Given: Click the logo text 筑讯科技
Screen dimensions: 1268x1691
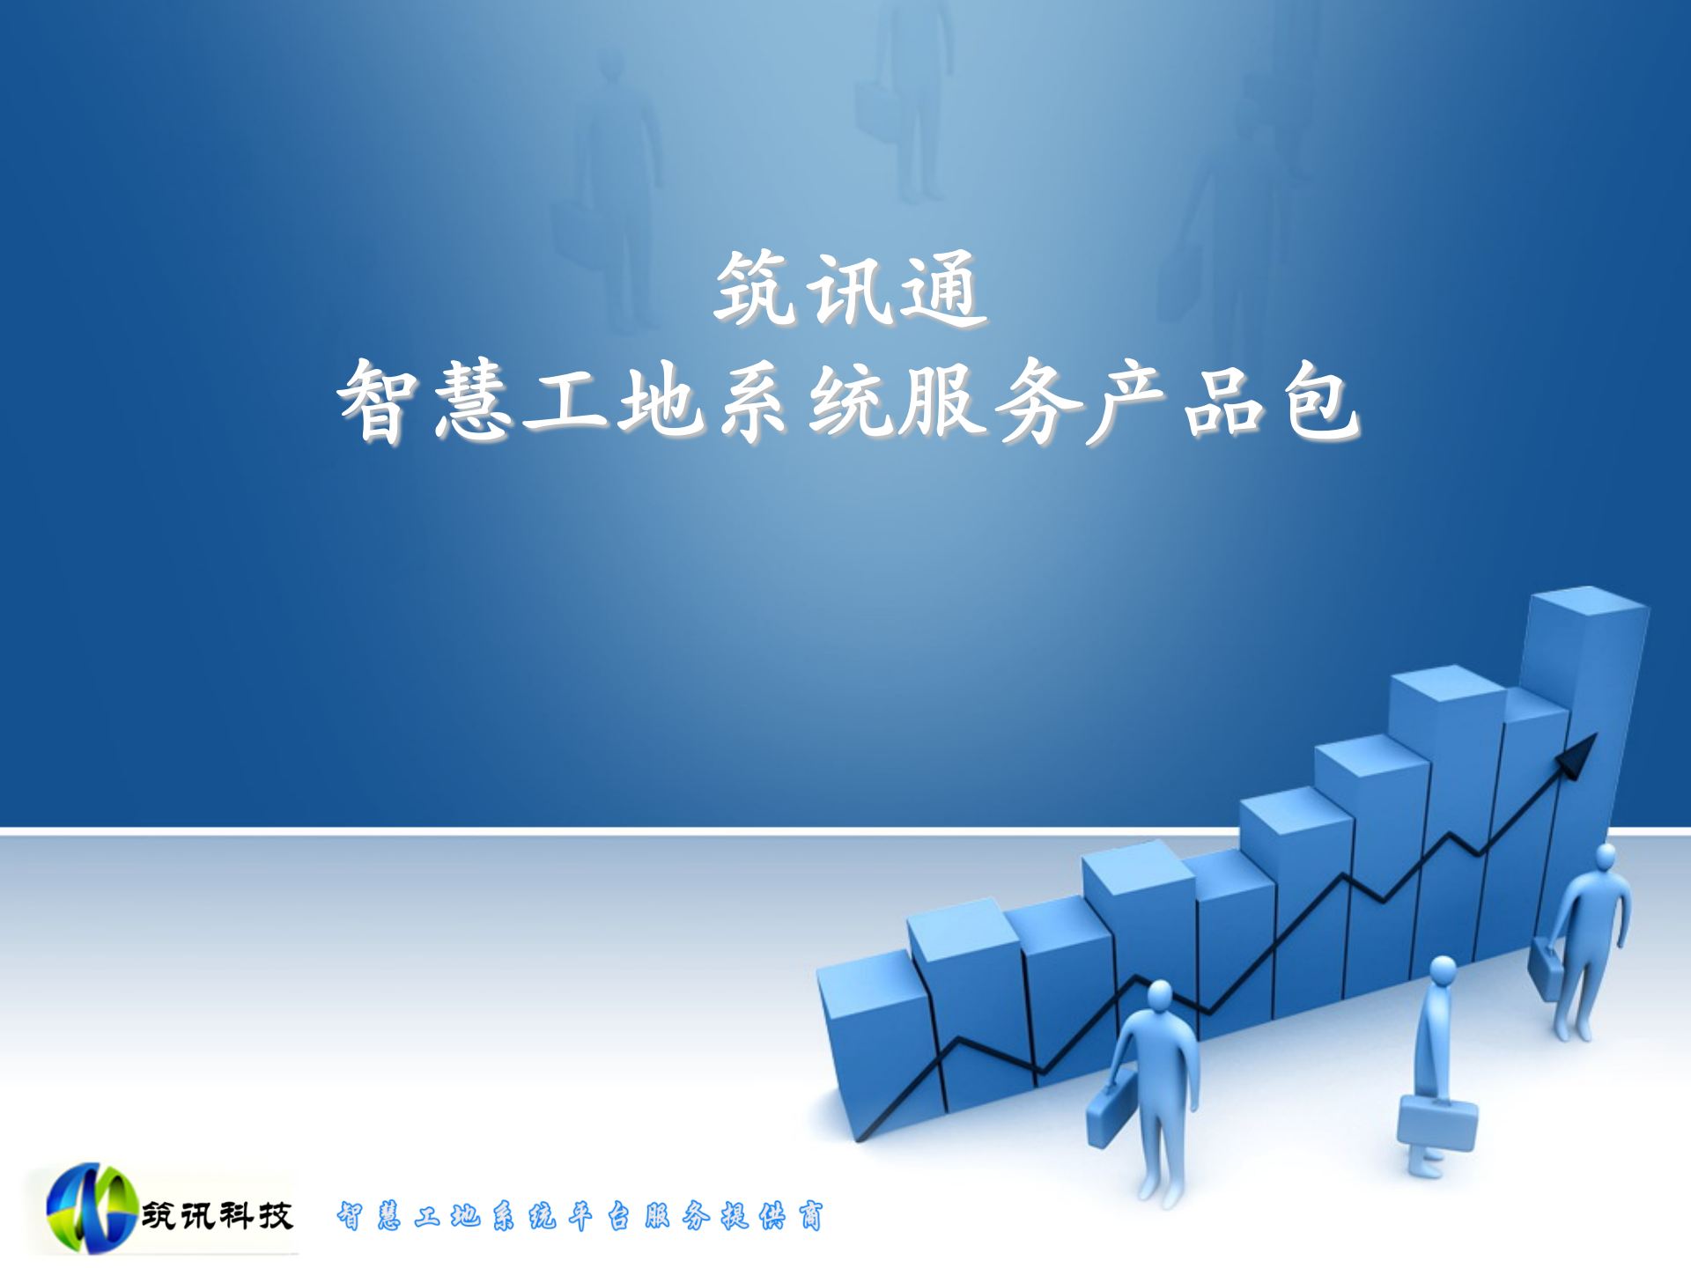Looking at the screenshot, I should pyautogui.click(x=217, y=1216).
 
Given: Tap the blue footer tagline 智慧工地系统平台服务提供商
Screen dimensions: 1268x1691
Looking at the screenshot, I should pyautogui.click(x=580, y=1216).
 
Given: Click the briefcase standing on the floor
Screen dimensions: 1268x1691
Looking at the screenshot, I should pyautogui.click(x=1436, y=1124).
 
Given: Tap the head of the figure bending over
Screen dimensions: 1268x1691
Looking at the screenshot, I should pyautogui.click(x=1443, y=971).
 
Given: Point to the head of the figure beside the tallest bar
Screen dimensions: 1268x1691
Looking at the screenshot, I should pyautogui.click(x=1606, y=856).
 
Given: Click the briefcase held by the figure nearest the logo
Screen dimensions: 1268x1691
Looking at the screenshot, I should pyautogui.click(x=1106, y=1117).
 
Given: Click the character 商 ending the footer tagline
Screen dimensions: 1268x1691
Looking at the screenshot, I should pyautogui.click(x=810, y=1216).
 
